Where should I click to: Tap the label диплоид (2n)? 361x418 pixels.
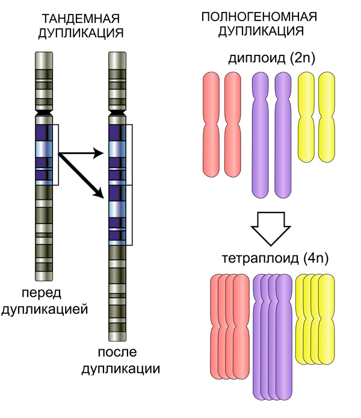[272, 58]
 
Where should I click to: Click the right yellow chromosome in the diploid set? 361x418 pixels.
[327, 117]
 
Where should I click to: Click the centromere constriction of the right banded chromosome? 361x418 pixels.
[117, 113]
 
